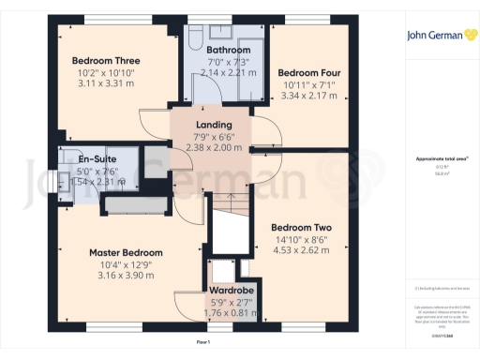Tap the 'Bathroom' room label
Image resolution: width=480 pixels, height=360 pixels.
pyautogui.click(x=229, y=50)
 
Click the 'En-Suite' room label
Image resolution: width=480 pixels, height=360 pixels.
pyautogui.click(x=97, y=159)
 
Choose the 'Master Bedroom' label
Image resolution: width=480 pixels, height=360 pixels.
pyautogui.click(x=126, y=252)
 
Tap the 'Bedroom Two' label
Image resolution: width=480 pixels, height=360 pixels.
pyautogui.click(x=302, y=228)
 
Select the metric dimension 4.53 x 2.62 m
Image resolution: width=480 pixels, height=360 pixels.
pyautogui.click(x=302, y=250)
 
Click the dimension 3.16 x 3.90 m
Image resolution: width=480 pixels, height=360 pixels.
pyautogui.click(x=126, y=276)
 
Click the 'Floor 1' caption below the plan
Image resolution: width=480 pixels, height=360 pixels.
pyautogui.click(x=203, y=343)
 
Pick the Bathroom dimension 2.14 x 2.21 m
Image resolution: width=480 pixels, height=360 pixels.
pyautogui.click(x=229, y=71)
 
